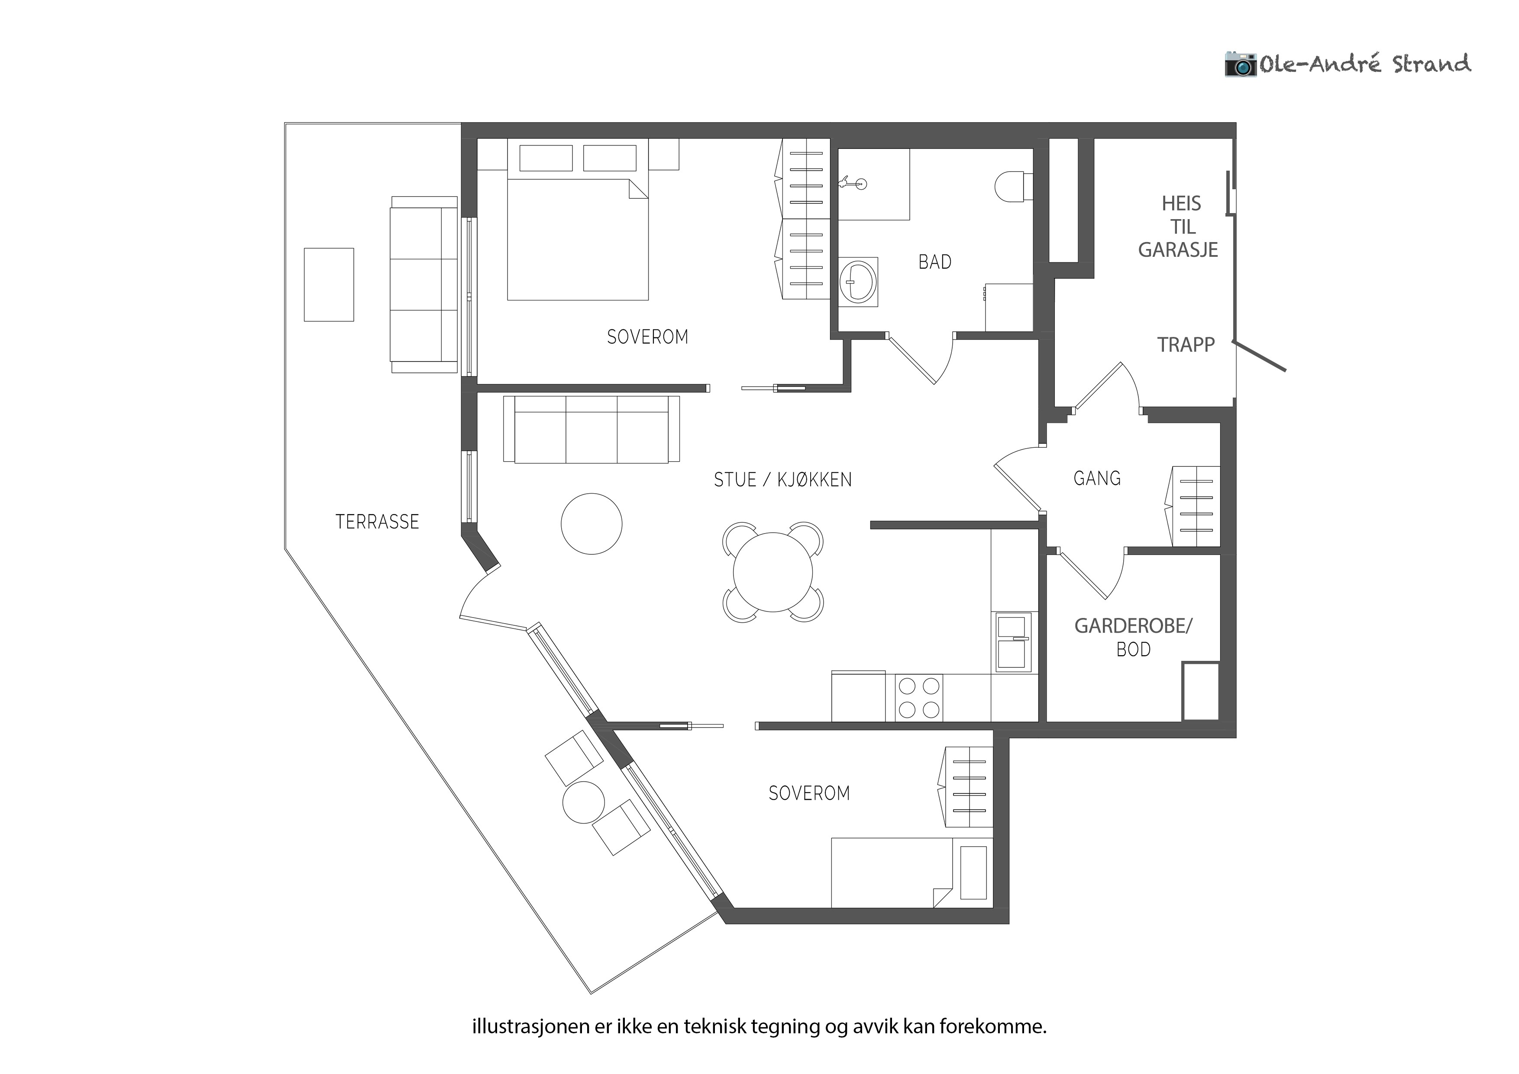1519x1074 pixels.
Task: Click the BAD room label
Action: pos(935,262)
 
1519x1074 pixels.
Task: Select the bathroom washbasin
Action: pos(858,282)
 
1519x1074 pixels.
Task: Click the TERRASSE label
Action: pos(377,522)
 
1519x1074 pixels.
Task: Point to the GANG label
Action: pos(1097,479)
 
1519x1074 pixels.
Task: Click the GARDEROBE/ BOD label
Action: pos(1133,637)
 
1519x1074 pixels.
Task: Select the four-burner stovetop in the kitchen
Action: pos(919,697)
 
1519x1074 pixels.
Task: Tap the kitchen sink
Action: pos(1013,642)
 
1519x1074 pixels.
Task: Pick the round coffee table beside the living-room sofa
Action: pos(591,524)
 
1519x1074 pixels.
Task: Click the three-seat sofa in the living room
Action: pos(591,430)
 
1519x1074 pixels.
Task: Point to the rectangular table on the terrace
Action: pos(329,285)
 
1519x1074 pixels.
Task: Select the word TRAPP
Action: pos(1186,345)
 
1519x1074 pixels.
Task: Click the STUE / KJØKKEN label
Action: pos(782,480)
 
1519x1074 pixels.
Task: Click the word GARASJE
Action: pos(1178,249)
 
